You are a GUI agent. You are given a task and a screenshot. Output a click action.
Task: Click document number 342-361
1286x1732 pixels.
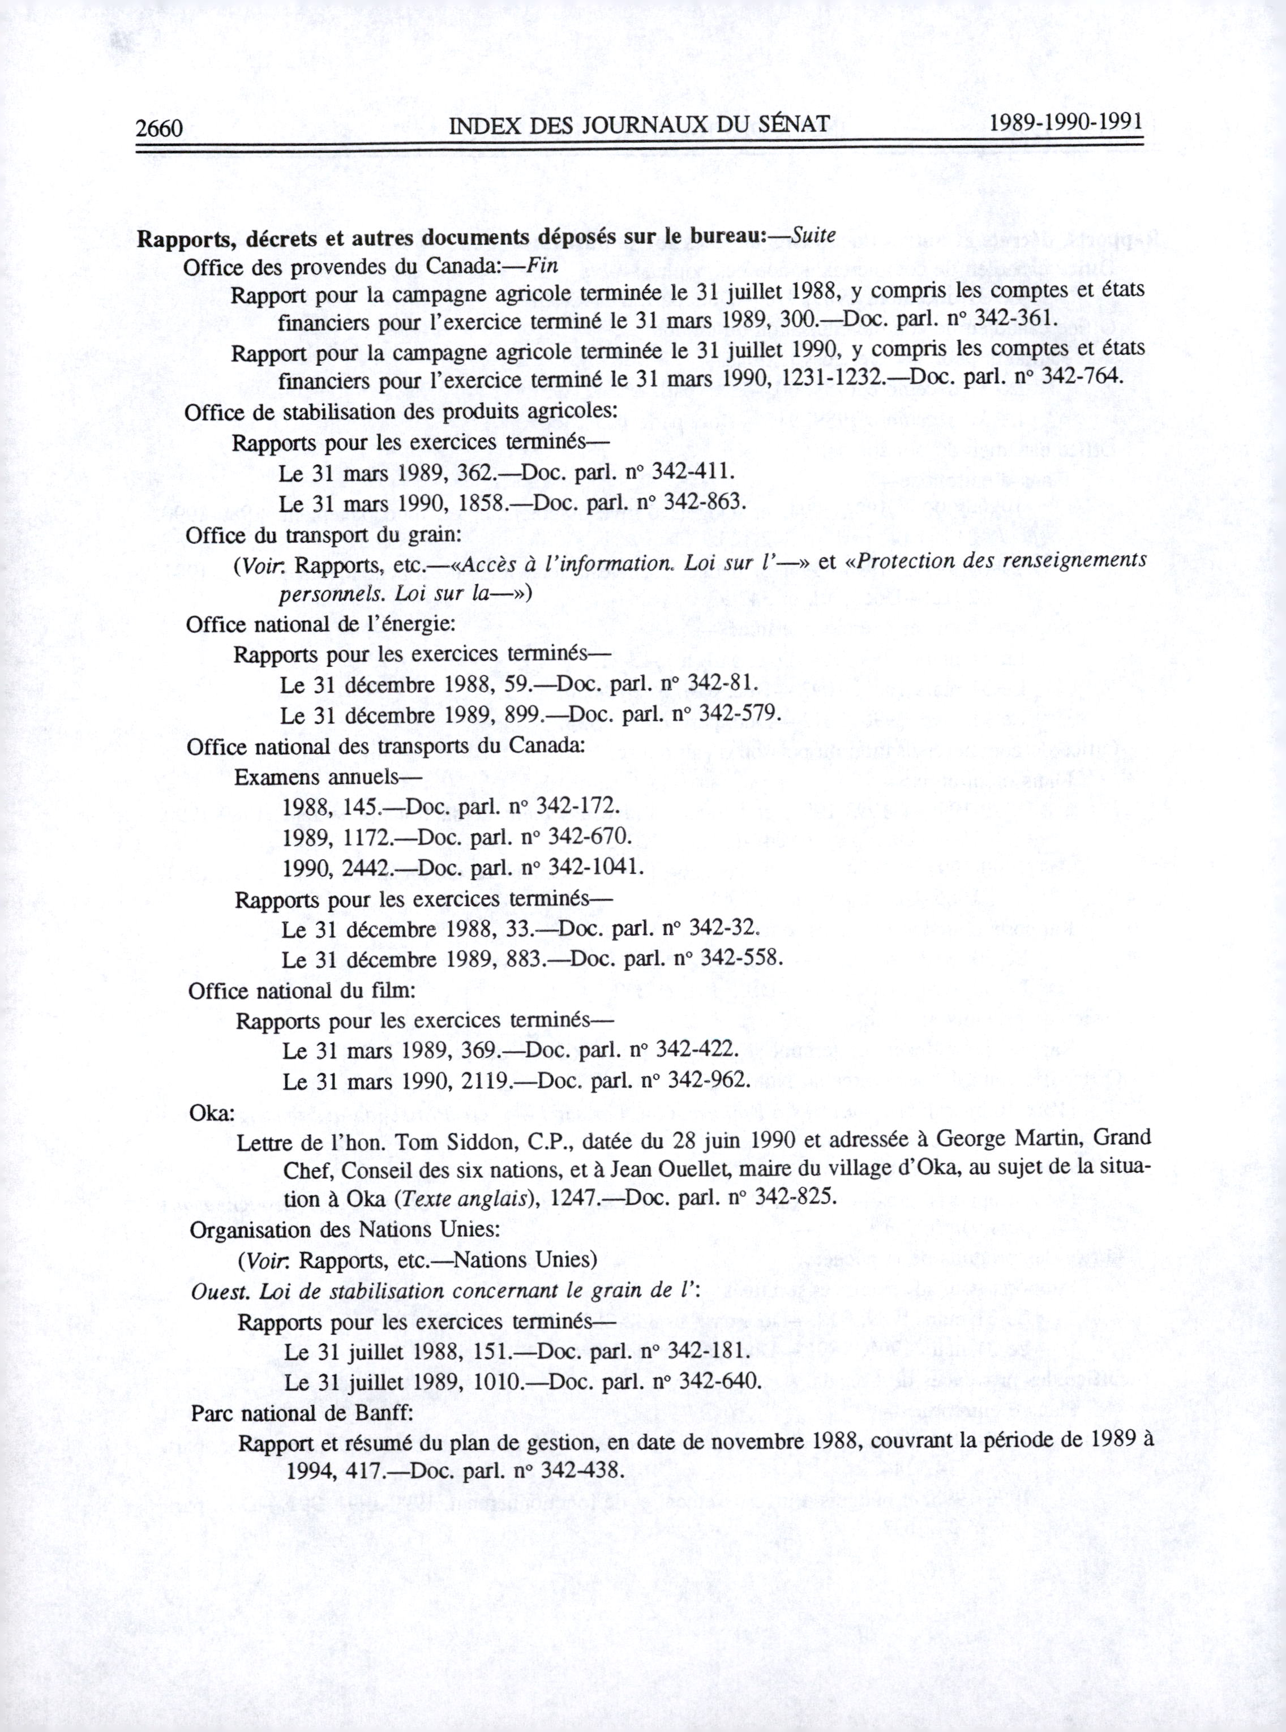pos(1010,319)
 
